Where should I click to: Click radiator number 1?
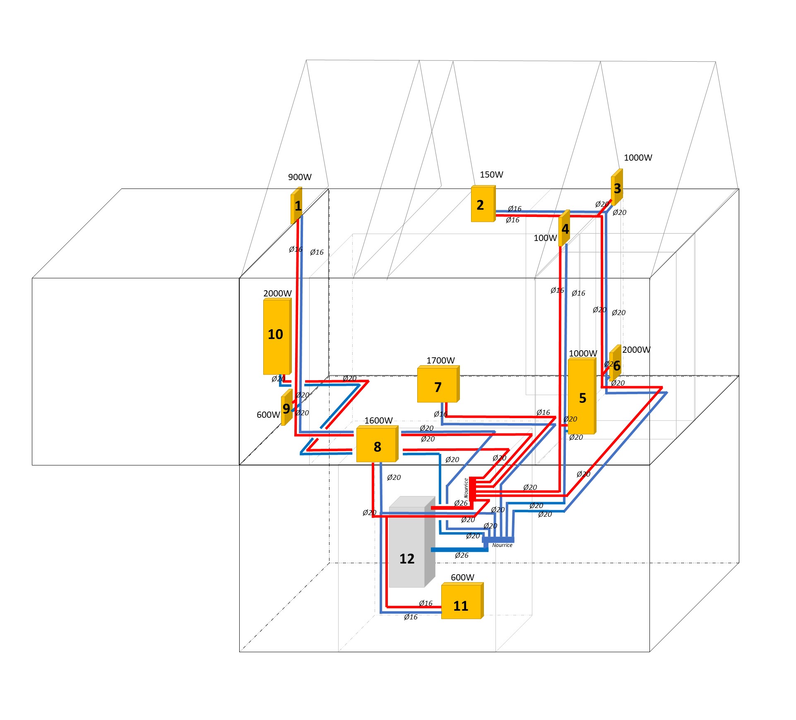coord(296,206)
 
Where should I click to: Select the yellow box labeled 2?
coord(483,205)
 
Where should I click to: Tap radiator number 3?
coord(617,188)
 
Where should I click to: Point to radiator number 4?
coord(564,229)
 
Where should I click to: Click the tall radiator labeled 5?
coord(582,397)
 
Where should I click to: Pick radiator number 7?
coord(438,385)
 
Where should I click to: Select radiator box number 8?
coord(377,445)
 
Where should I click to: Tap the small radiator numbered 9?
coord(286,408)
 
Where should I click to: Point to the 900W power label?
coord(300,177)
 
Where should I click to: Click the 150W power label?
coord(491,175)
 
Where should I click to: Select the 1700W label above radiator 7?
coord(440,361)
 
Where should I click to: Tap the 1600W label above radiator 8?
coord(378,421)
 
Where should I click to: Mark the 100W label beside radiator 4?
coord(545,238)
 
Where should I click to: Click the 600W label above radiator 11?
coord(462,578)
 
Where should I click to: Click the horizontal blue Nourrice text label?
coord(502,545)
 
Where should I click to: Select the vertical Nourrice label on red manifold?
coord(466,488)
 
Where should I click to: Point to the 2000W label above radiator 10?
coord(277,294)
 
